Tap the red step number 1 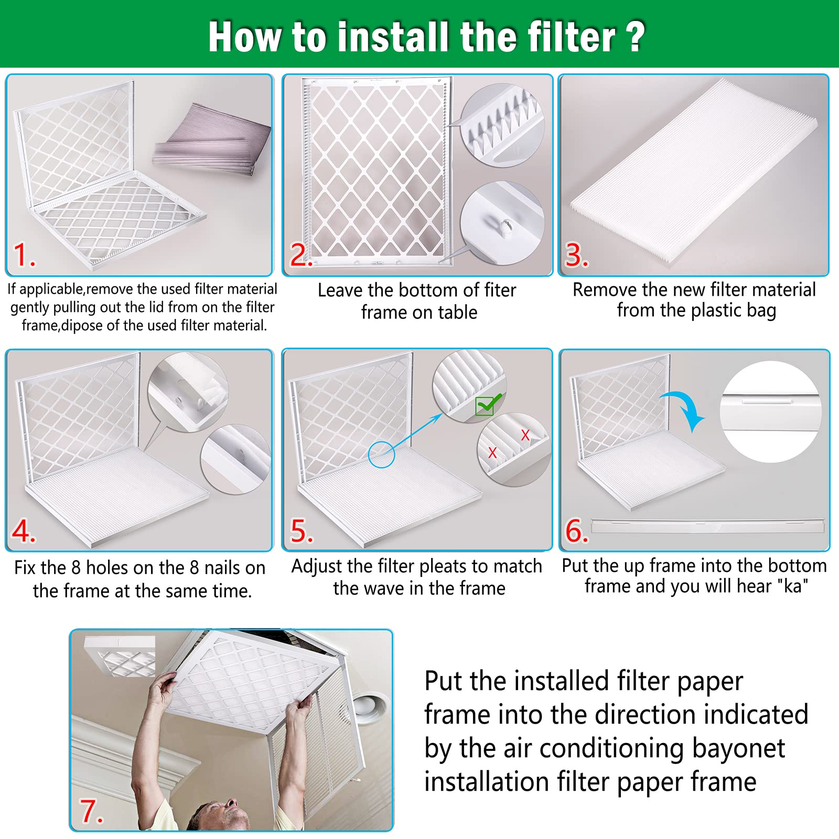click(24, 255)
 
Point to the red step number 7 click(91, 811)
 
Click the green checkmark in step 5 click(488, 405)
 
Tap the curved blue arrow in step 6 click(686, 410)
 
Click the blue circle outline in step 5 click(381, 454)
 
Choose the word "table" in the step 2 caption click(458, 313)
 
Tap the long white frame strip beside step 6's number click(708, 525)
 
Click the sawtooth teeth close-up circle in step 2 click(502, 125)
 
